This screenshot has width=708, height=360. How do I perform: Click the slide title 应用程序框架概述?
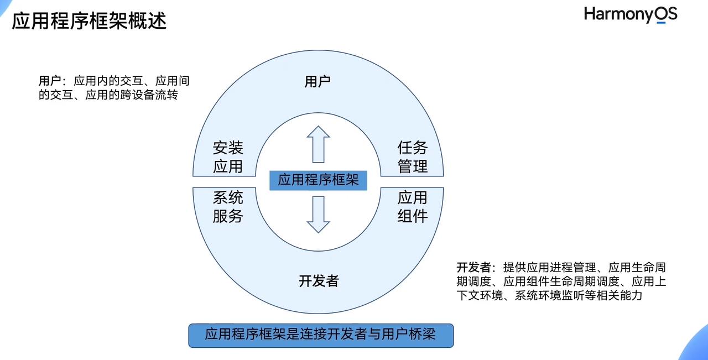89,21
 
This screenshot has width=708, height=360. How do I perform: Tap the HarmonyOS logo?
630,14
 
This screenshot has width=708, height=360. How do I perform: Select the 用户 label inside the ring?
317,82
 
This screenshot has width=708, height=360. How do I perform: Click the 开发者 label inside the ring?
318,281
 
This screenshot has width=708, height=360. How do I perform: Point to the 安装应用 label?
228,156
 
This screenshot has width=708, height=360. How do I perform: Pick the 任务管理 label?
413,156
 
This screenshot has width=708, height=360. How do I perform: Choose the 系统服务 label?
228,206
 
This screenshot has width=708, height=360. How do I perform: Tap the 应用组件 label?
413,206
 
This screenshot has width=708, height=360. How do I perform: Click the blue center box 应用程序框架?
318,180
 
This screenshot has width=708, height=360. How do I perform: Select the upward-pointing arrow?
318,144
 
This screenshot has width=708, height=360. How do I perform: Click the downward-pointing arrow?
318,215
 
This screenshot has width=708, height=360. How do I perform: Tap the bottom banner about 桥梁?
321,335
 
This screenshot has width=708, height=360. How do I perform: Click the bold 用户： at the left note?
53,81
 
